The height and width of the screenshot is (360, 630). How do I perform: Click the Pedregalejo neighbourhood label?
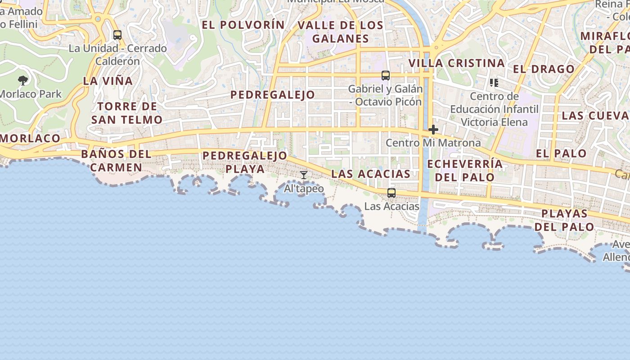click(273, 95)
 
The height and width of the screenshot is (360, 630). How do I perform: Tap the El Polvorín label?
click(243, 25)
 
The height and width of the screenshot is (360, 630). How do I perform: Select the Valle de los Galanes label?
click(341, 32)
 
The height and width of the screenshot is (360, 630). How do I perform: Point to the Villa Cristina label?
click(456, 63)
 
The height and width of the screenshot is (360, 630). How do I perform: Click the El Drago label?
click(544, 69)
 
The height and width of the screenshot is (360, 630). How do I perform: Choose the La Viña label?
click(108, 81)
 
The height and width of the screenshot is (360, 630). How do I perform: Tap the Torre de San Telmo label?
click(126, 113)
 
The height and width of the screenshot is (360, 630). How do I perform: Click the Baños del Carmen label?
click(117, 161)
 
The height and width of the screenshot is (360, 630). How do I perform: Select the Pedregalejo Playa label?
click(245, 162)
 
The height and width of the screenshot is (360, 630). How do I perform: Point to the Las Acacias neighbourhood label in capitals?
click(371, 174)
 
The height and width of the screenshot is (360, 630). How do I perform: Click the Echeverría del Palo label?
click(465, 170)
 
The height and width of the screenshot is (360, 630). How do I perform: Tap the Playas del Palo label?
click(564, 220)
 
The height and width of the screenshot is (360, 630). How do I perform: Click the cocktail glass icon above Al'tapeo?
click(304, 175)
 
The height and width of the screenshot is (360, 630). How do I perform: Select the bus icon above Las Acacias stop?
click(391, 193)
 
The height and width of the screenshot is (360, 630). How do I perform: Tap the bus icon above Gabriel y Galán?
click(386, 76)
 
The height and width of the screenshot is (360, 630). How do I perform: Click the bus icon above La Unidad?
click(117, 35)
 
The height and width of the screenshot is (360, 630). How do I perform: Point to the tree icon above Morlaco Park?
click(23, 81)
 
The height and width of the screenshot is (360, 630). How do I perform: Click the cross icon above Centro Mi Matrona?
click(433, 130)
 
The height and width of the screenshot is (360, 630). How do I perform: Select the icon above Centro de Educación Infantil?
click(494, 83)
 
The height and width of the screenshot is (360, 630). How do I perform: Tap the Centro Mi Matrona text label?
click(433, 143)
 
